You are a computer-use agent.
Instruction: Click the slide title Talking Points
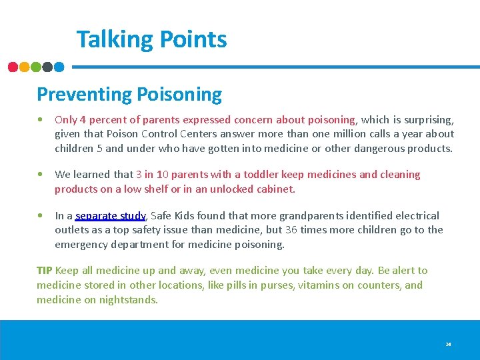pyautogui.click(x=151, y=39)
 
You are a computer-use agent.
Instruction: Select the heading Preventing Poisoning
pyautogui.click(x=129, y=94)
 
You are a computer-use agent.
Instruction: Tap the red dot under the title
pyautogui.click(x=13, y=67)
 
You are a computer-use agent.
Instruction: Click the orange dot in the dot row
pyautogui.click(x=25, y=67)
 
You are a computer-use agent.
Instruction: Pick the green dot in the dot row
pyautogui.click(x=36, y=67)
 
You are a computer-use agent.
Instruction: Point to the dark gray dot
pyautogui.click(x=47, y=67)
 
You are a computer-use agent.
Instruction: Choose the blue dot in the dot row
pyautogui.click(x=59, y=67)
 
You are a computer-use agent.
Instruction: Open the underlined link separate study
pyautogui.click(x=110, y=216)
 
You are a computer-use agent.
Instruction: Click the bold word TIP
pyautogui.click(x=44, y=271)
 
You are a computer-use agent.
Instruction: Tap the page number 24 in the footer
pyautogui.click(x=448, y=345)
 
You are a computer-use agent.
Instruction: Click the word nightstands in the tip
pyautogui.click(x=127, y=300)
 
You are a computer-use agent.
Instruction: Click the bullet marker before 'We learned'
pyautogui.click(x=41, y=175)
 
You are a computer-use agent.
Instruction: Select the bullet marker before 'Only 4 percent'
pyautogui.click(x=41, y=120)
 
